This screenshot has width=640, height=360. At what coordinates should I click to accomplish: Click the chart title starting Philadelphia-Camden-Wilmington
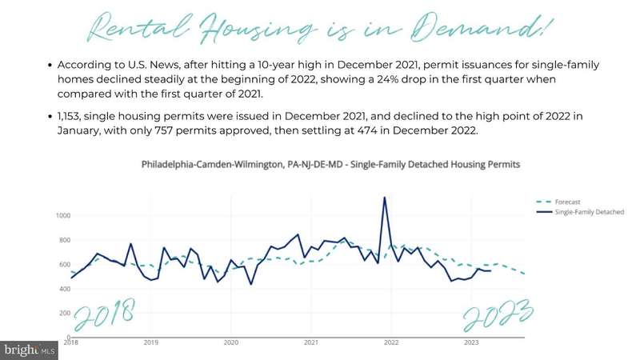(331, 164)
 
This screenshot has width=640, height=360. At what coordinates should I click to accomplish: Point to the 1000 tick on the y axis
(62, 216)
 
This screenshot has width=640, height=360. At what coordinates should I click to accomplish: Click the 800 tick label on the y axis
(64, 240)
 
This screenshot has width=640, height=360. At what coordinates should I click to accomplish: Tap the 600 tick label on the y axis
(64, 265)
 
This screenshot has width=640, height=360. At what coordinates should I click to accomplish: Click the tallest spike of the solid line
(385, 198)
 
